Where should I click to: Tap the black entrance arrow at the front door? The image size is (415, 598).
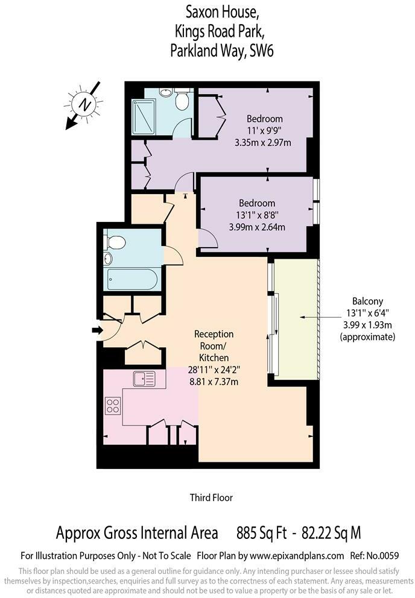coord(97,330)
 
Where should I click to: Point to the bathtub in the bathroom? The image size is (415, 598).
coord(132,279)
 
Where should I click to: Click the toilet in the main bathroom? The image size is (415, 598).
coord(115,242)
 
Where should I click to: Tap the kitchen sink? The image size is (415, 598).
coord(144,379)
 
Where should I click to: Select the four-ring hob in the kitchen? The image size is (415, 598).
coord(113,406)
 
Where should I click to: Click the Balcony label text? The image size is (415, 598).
coord(367,301)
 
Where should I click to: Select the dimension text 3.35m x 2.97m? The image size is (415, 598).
coord(263,143)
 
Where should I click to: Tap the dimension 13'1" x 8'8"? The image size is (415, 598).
coord(256,215)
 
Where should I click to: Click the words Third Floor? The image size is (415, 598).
coord(211,497)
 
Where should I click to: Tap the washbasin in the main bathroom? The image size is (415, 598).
coord(108,259)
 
